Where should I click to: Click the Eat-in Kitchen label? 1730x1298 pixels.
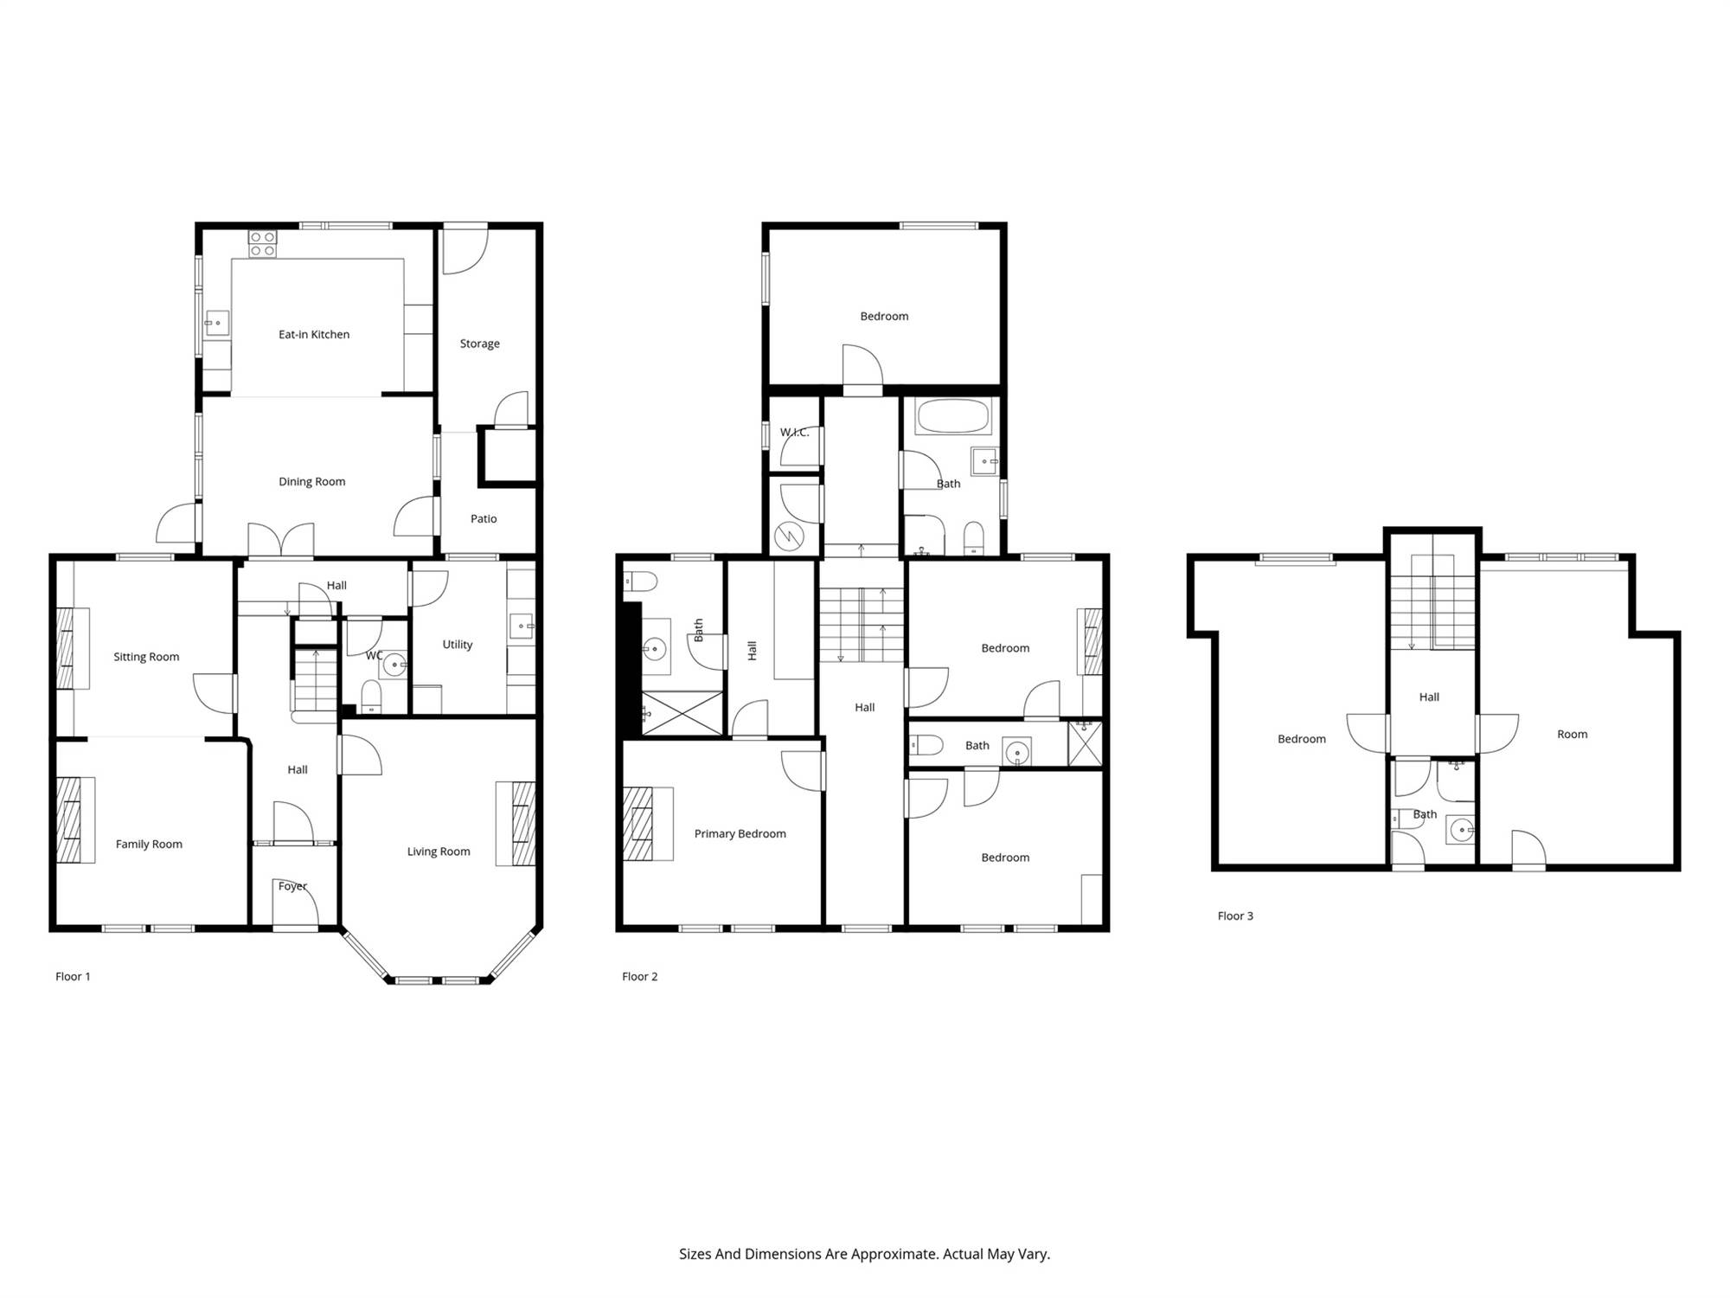[314, 335]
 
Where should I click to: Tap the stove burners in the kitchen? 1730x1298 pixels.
[262, 244]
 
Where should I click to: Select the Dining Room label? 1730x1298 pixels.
[311, 482]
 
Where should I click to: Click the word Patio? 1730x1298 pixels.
[484, 519]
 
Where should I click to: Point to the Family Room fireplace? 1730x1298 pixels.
[69, 820]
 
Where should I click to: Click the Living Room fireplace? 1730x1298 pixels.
[523, 824]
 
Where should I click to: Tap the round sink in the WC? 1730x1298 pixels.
[394, 665]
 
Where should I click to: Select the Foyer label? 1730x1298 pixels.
[292, 886]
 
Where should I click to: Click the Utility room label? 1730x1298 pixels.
[458, 645]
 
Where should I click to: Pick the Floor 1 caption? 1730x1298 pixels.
[73, 976]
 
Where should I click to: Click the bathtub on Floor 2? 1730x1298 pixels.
[952, 416]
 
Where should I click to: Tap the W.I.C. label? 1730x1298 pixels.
[794, 433]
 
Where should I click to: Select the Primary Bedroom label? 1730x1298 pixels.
[740, 834]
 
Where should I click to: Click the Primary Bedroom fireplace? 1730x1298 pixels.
[638, 824]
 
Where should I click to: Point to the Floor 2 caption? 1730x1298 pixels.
[640, 976]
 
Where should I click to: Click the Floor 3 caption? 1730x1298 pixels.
[1235, 916]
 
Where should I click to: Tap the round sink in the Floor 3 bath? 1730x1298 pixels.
[1461, 831]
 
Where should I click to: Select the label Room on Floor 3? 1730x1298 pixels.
[1573, 735]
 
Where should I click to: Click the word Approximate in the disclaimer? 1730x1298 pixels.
[894, 1254]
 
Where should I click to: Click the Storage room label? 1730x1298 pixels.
[480, 344]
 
